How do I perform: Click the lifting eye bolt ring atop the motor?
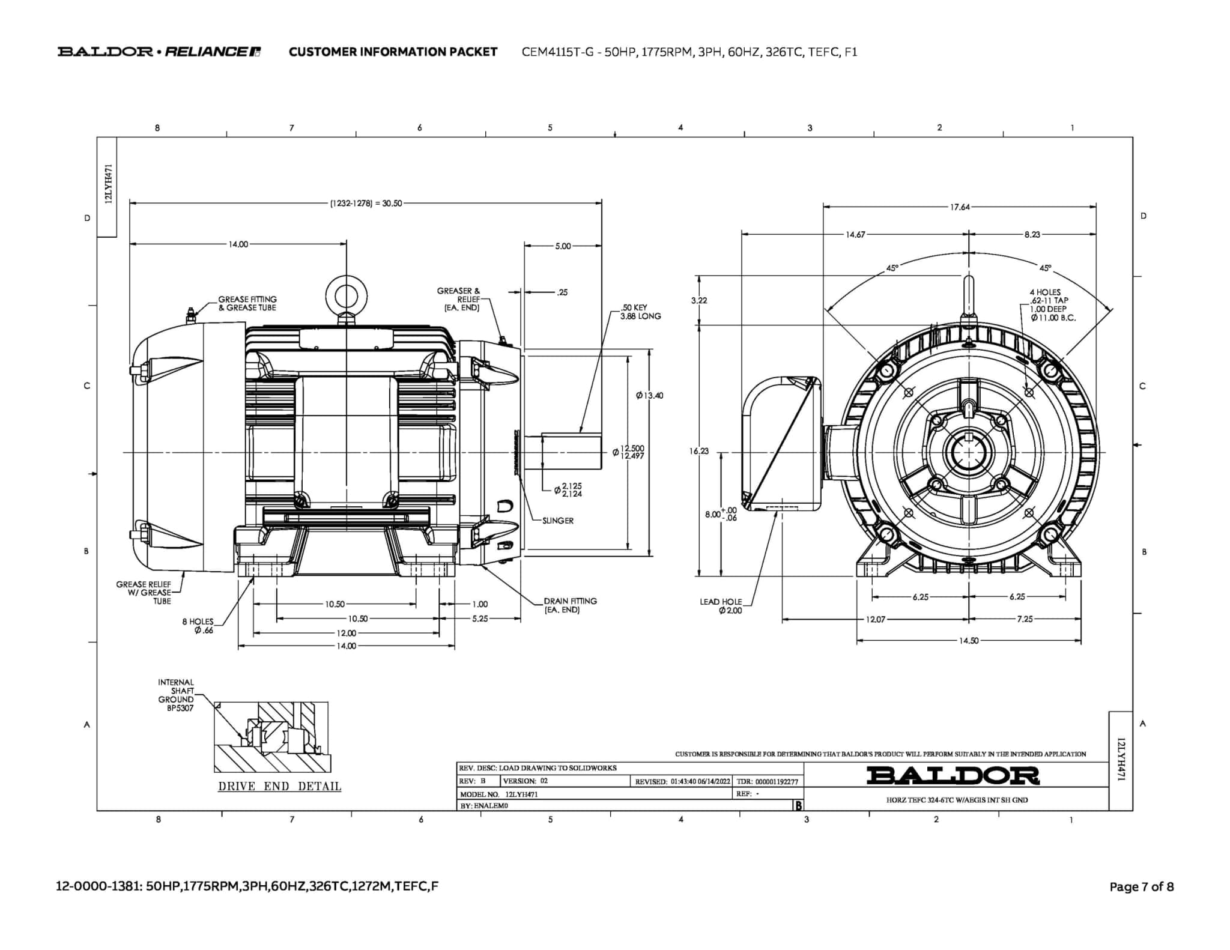click(x=346, y=295)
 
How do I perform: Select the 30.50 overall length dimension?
click(x=366, y=204)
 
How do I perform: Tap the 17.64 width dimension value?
click(x=959, y=207)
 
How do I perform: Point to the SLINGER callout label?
click(x=557, y=521)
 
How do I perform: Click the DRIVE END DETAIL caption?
click(x=279, y=787)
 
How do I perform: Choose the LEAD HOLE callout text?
click(x=721, y=606)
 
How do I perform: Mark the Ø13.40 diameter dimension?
click(x=649, y=396)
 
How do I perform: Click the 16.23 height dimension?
click(x=698, y=451)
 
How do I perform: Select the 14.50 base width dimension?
click(x=968, y=641)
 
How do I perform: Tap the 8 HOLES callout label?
click(x=198, y=626)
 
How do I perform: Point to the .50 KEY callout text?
click(x=640, y=312)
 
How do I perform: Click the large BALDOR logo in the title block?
click(x=953, y=775)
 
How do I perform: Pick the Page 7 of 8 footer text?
click(x=1141, y=886)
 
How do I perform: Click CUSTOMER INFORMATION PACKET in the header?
click(x=393, y=52)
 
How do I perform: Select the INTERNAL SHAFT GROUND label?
click(x=176, y=695)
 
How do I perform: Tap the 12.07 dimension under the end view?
click(x=874, y=619)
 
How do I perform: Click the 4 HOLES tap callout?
click(x=1052, y=305)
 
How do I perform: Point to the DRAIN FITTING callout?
click(x=570, y=605)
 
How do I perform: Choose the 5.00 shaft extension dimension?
click(x=563, y=246)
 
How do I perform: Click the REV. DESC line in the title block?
click(x=538, y=768)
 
